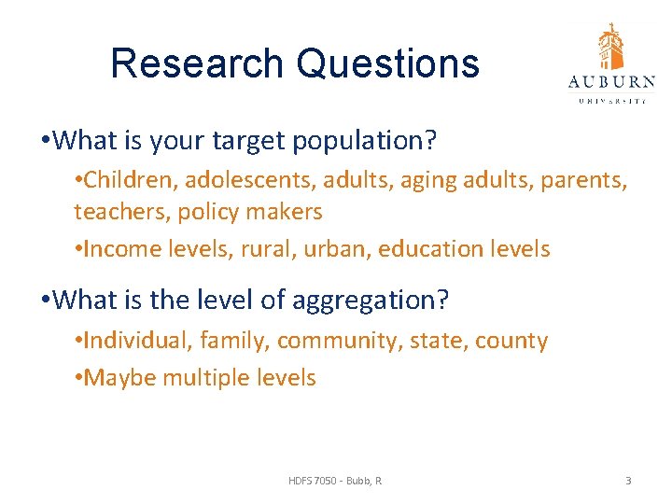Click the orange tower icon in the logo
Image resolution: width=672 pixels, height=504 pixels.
coord(611,47)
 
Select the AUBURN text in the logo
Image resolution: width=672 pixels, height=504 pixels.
coord(611,81)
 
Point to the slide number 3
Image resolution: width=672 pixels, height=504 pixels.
coord(628,481)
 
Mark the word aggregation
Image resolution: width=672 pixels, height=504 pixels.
coord(371,301)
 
